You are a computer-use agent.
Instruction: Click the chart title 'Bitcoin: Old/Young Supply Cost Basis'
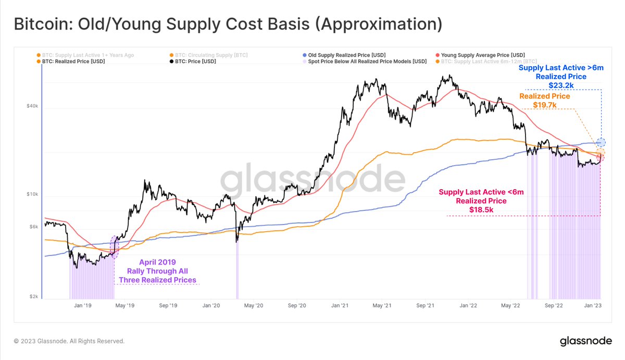click(228, 24)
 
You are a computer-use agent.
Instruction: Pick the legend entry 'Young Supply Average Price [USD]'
click(482, 55)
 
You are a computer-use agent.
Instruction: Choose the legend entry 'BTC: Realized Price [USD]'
click(73, 61)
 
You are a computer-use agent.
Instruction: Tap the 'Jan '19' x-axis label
click(81, 306)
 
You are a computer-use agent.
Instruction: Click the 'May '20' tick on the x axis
click(254, 306)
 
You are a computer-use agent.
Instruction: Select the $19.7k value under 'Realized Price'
click(545, 105)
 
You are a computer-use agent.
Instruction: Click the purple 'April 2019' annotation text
click(157, 263)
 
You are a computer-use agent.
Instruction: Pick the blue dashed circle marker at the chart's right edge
click(601, 142)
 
